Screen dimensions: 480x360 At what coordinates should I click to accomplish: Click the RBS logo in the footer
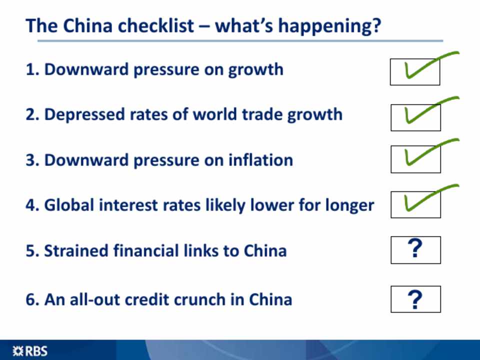point(30,351)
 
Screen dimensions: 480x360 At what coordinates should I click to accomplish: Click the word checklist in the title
point(156,25)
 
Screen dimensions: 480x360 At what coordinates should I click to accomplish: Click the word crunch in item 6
point(200,299)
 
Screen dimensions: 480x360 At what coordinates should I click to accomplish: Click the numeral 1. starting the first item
point(33,69)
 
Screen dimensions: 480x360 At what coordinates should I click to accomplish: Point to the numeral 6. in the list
point(33,299)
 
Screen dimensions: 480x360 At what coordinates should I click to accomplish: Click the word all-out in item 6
point(95,299)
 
